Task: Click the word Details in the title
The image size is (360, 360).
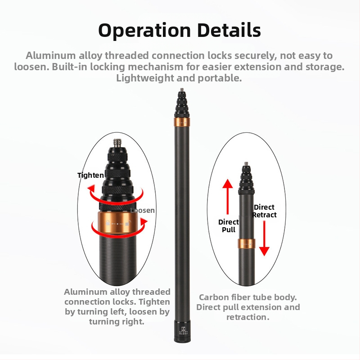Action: point(229,30)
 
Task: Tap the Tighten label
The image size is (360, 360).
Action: point(91,175)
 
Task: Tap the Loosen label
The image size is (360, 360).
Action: point(142,210)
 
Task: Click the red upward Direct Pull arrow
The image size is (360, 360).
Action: point(228,197)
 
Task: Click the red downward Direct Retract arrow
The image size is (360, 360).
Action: point(264,238)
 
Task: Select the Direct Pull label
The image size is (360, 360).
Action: point(229,226)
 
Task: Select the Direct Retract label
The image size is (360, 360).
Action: point(264,211)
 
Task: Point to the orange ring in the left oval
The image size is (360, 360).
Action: point(118,222)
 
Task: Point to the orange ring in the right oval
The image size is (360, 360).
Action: point(246,243)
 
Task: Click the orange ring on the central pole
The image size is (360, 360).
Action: point(182,122)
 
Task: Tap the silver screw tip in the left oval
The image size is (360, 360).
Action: point(117,143)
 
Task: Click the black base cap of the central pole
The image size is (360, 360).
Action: point(182,331)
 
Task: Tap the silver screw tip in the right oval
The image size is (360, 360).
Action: point(246,164)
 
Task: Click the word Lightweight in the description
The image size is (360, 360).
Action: point(145,78)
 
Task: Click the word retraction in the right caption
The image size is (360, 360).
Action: point(248,317)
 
